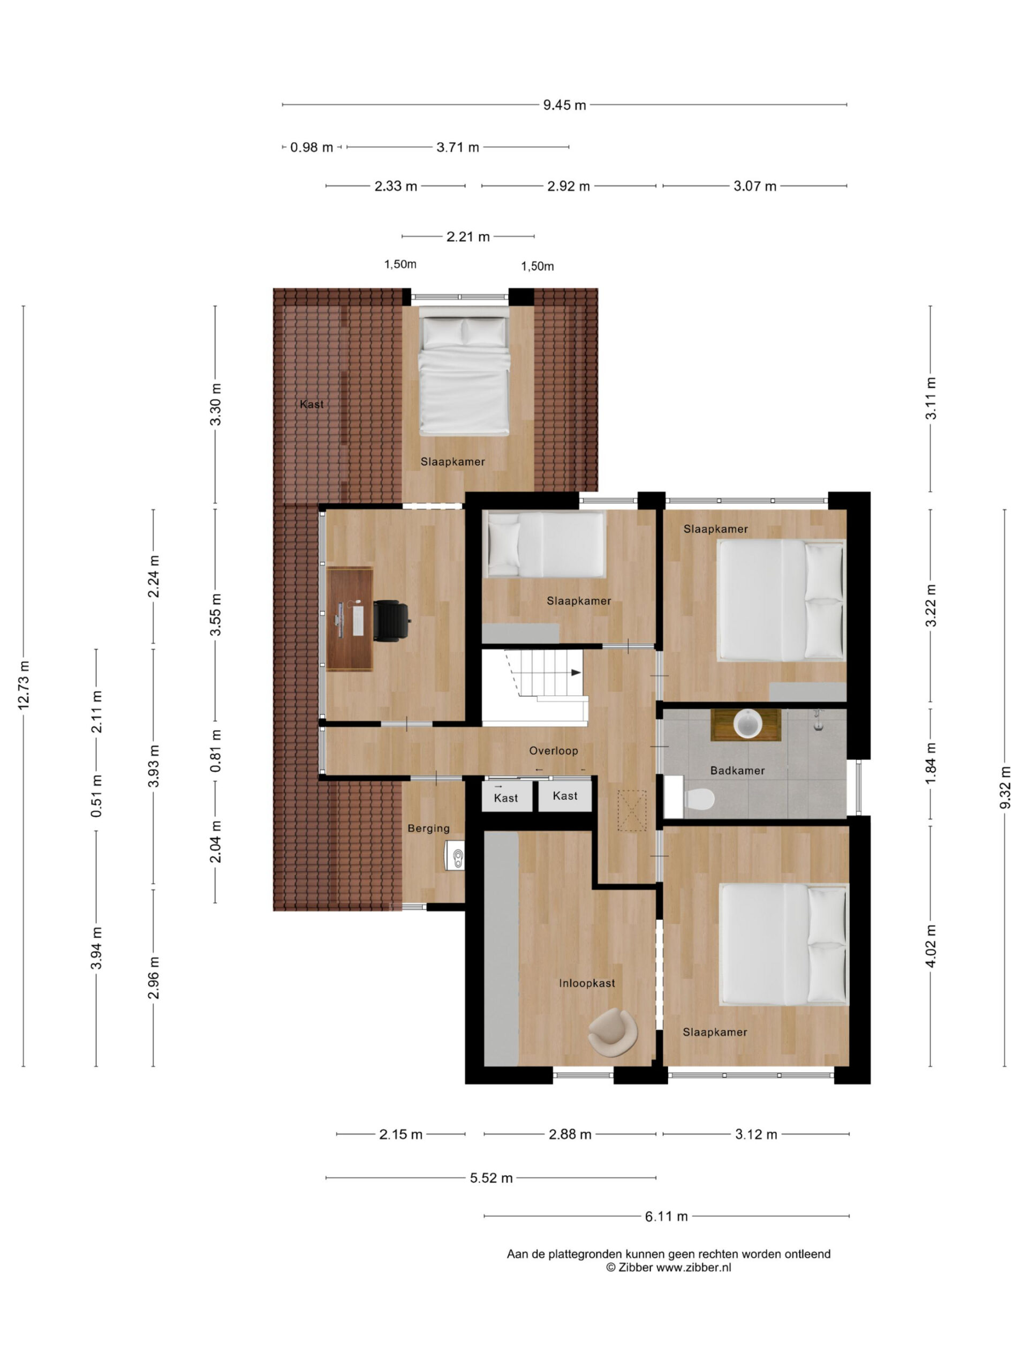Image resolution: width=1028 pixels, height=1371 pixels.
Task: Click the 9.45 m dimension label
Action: pos(564,105)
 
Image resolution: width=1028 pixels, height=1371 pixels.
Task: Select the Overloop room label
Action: pos(553,751)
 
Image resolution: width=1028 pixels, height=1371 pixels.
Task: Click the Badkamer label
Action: pos(737,771)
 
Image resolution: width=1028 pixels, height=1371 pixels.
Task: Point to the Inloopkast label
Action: pos(587,983)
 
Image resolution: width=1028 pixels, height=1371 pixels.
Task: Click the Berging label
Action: pos(429,828)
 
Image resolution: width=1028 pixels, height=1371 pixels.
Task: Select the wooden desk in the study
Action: pos(350,619)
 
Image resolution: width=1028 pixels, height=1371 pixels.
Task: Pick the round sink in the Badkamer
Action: pos(748,724)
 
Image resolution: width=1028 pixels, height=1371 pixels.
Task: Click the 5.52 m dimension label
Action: pos(492,1178)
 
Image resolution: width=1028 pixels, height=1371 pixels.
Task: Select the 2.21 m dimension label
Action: pos(468,237)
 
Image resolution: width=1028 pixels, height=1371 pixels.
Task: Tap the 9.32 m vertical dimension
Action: pos(1005,788)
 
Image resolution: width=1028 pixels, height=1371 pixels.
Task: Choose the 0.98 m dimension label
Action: pos(312,147)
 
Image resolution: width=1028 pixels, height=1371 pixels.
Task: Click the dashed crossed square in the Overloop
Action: pos(631,810)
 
